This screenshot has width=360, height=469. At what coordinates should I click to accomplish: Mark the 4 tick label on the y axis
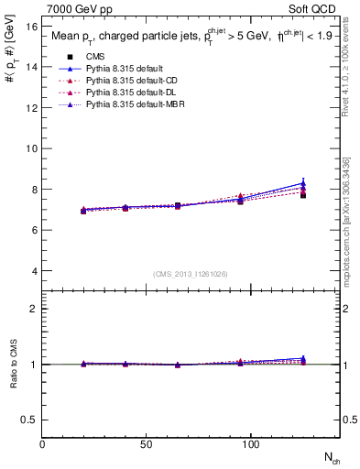point(35,271)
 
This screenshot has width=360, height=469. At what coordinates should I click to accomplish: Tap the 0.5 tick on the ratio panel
point(29,420)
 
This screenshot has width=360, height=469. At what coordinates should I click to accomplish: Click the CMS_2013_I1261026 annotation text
point(191,274)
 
